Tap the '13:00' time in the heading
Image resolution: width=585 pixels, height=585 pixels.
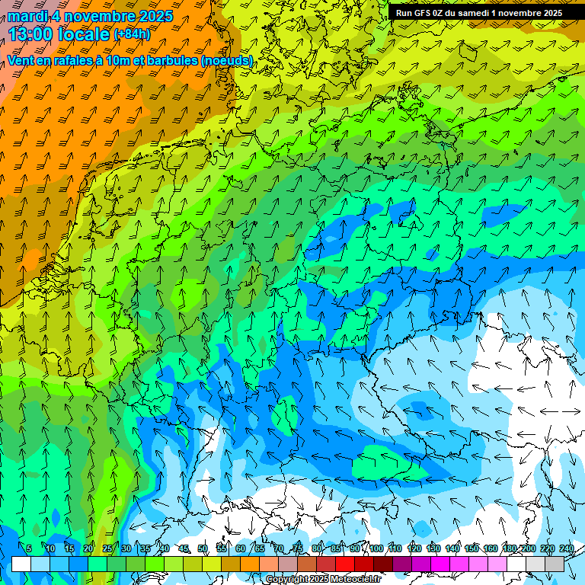[x=31, y=34]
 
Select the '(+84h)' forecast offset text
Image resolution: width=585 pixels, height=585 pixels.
[x=132, y=34]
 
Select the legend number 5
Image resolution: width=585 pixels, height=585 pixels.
[x=29, y=549]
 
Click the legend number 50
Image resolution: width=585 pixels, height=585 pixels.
[x=203, y=549]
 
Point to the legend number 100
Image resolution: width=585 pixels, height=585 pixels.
[x=376, y=549]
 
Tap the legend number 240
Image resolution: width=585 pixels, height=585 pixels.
[x=566, y=549]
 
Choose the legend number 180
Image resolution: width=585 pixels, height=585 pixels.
[x=509, y=549]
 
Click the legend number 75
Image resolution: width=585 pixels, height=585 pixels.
[x=298, y=549]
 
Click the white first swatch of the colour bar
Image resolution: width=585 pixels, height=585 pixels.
[x=21, y=564]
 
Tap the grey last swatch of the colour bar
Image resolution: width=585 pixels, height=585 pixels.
[x=555, y=564]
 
